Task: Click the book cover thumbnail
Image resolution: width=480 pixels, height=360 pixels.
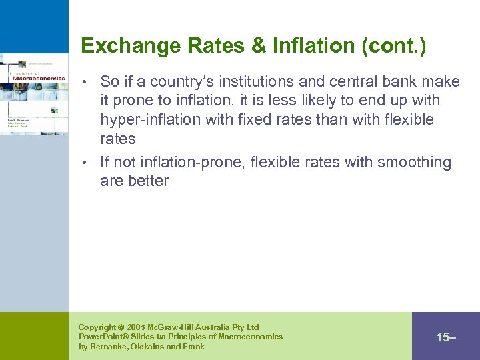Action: coord(34,94)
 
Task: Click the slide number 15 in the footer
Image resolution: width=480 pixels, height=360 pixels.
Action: coord(443,337)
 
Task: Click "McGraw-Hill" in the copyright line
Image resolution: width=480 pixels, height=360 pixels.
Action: coord(175,327)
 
